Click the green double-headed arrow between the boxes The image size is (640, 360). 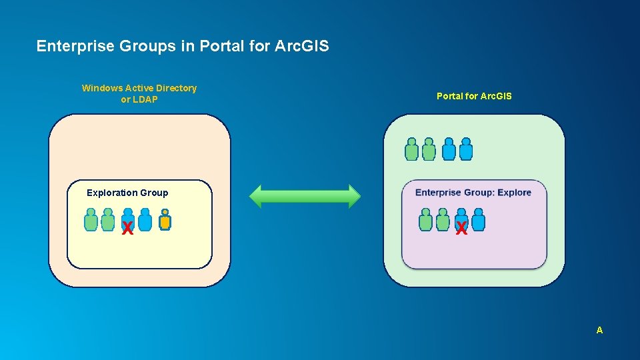pyautogui.click(x=305, y=196)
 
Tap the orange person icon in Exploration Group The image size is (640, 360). pyautogui.click(x=165, y=220)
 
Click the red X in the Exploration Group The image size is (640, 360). pyautogui.click(x=127, y=229)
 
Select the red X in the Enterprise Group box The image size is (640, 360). pyautogui.click(x=461, y=229)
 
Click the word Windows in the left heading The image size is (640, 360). pyautogui.click(x=102, y=88)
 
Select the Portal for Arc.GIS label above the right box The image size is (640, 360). pyautogui.click(x=474, y=96)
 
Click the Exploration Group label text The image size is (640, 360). pyautogui.click(x=127, y=193)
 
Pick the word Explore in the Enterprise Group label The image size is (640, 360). pyautogui.click(x=514, y=193)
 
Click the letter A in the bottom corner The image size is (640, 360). pyautogui.click(x=599, y=330)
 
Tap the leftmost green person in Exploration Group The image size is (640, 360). pyautogui.click(x=91, y=220)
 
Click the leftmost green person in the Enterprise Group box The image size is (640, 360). pyautogui.click(x=425, y=220)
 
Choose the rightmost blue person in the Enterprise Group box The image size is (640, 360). pyautogui.click(x=478, y=220)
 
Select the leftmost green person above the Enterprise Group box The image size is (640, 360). pyautogui.click(x=412, y=150)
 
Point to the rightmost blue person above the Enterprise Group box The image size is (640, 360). pyautogui.click(x=466, y=150)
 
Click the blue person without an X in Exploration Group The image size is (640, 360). pyautogui.click(x=145, y=220)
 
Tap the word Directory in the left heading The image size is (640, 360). pyautogui.click(x=176, y=88)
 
